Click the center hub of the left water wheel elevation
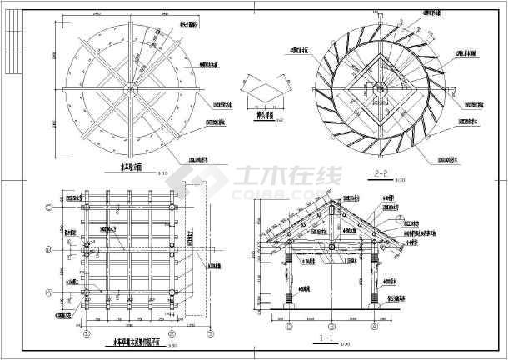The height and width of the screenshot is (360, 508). (x=127, y=89)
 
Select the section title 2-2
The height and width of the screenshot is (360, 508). (x=382, y=173)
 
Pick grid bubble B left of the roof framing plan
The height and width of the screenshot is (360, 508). (x=49, y=248)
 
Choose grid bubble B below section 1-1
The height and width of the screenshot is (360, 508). (x=332, y=326)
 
